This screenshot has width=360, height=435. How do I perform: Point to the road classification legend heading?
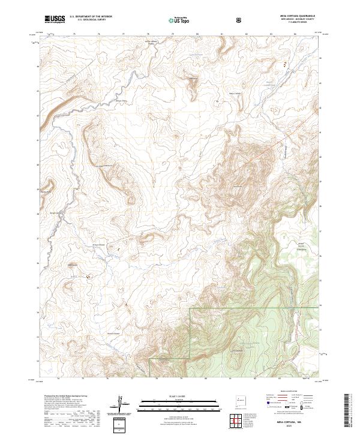coord(295,395)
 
